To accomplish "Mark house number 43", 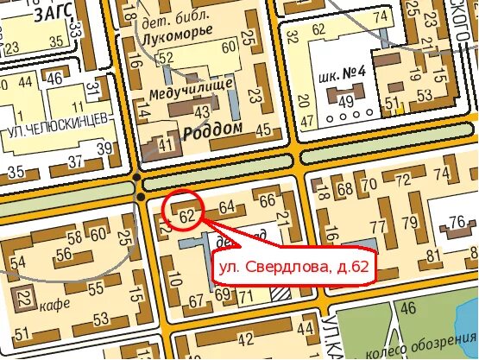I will click(x=203, y=111).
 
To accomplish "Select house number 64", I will click(x=228, y=207).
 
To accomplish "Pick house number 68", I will click(x=346, y=189).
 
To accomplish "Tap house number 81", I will click(x=432, y=255).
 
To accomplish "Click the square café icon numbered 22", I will click(x=23, y=299).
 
